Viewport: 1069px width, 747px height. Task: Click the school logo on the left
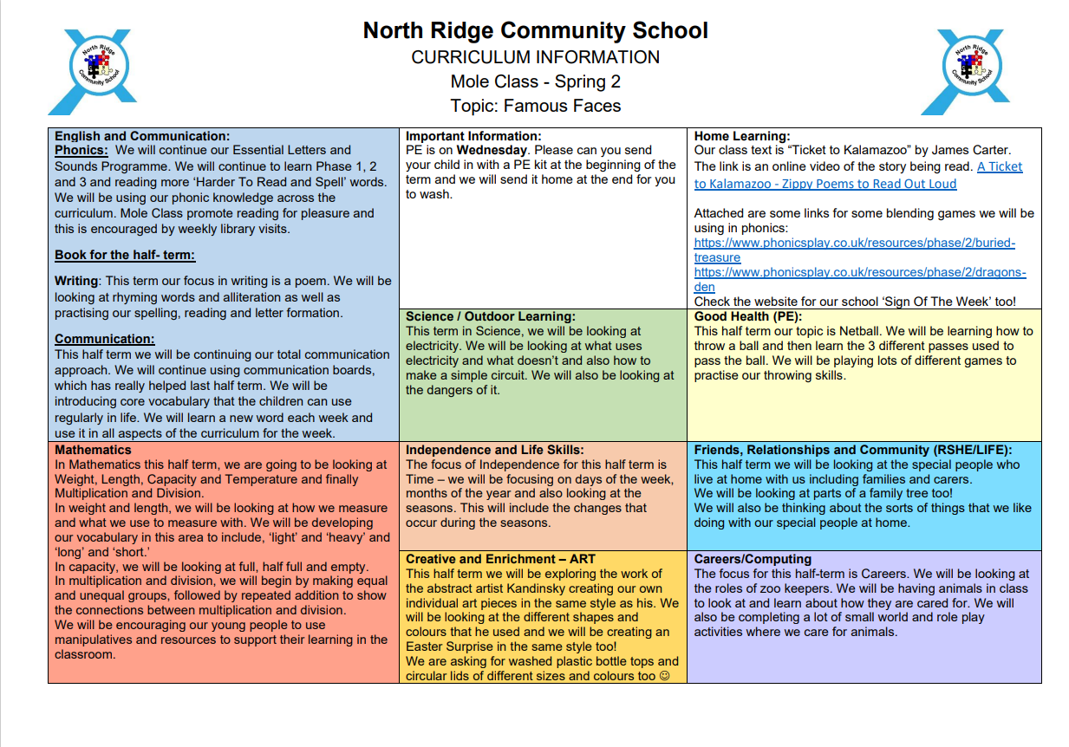[90, 72]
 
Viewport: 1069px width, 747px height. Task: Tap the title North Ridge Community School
[535, 31]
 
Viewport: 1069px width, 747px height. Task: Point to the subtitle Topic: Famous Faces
[535, 107]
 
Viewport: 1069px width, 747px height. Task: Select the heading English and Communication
[142, 136]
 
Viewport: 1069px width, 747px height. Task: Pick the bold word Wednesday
[490, 150]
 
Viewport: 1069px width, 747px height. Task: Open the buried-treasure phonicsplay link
[854, 244]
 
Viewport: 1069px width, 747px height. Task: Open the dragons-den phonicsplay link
[859, 273]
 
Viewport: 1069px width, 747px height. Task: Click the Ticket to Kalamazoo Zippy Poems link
[857, 175]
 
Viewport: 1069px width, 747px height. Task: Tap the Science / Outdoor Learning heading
[490, 316]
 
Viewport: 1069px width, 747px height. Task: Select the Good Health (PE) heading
[748, 316]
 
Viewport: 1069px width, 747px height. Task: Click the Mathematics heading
[93, 450]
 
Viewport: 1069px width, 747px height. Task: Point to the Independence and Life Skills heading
[494, 450]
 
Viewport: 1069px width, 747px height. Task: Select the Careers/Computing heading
[753, 559]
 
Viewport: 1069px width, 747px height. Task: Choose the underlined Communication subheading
[105, 339]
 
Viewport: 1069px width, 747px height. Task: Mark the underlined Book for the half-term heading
[125, 255]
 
